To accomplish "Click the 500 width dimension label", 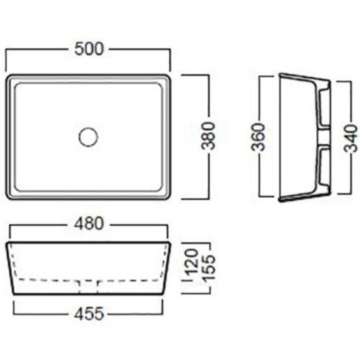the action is [89, 49].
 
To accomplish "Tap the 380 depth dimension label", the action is [208, 136].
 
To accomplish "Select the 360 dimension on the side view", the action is [258, 137].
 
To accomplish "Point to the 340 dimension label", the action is [351, 138].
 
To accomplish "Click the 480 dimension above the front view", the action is [89, 223].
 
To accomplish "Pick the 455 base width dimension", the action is [89, 313].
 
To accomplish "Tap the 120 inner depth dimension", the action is [192, 262].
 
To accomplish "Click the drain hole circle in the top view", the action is [89, 137].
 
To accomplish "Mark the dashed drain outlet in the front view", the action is [89, 287].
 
